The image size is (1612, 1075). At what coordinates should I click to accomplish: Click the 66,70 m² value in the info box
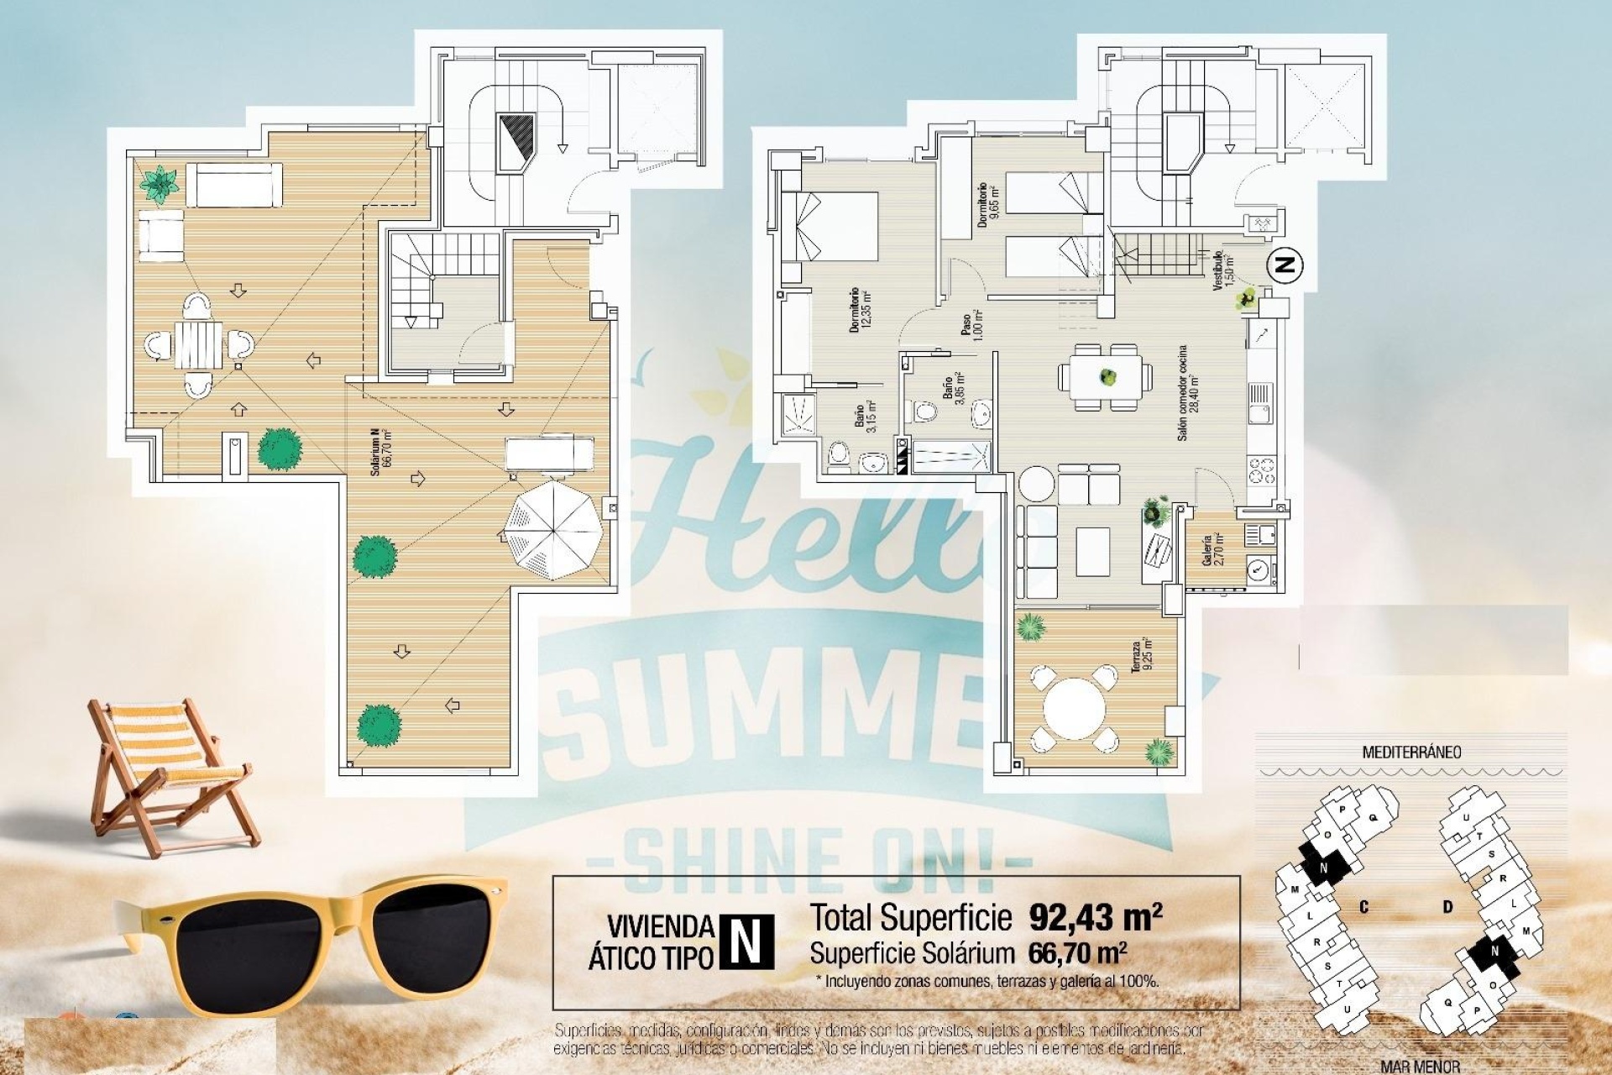[1076, 953]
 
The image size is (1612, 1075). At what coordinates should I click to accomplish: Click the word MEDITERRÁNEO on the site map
[1410, 752]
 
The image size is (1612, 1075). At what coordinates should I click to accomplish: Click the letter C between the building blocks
[1364, 907]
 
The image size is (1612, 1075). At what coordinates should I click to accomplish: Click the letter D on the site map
[1447, 907]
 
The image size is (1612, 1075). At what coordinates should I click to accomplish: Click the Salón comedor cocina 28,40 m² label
[1186, 393]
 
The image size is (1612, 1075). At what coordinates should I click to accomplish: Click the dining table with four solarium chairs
[199, 344]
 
